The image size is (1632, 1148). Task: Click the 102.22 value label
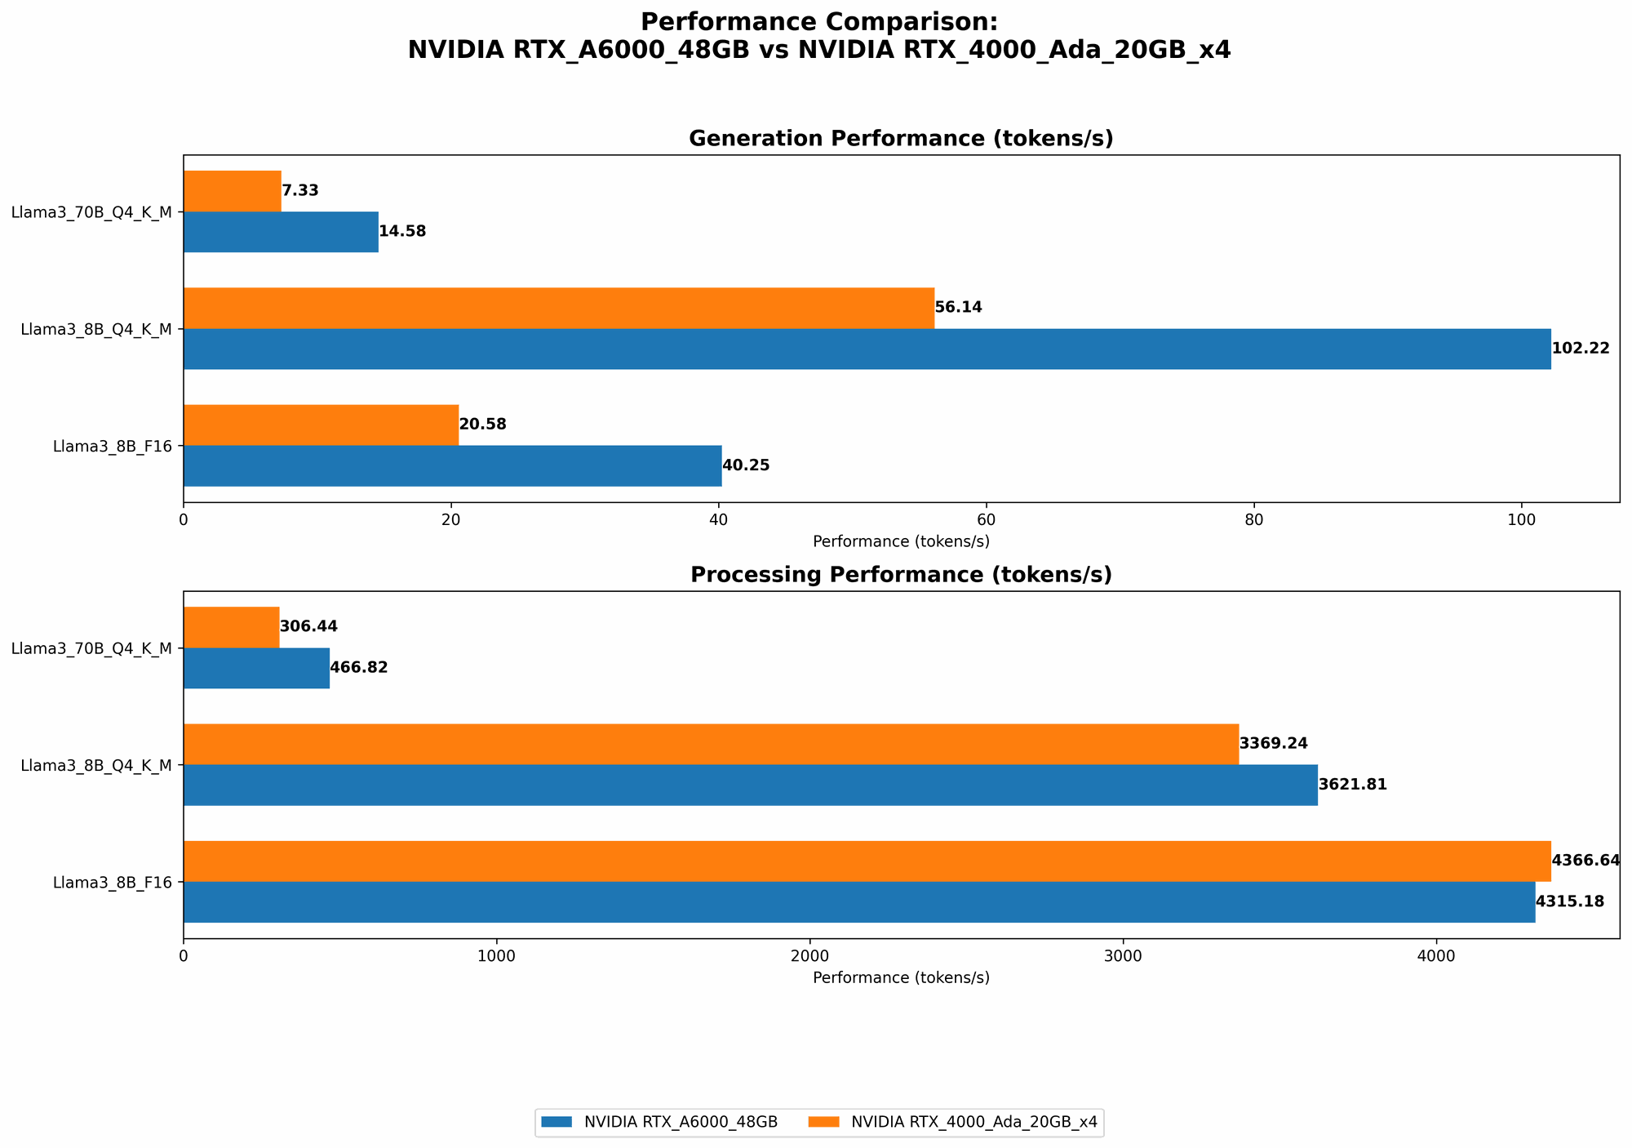click(1580, 349)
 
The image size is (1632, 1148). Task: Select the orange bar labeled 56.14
click(558, 309)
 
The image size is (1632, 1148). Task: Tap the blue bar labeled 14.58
click(281, 232)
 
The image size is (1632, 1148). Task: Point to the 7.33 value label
click(299, 191)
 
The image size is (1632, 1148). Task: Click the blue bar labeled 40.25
click(452, 465)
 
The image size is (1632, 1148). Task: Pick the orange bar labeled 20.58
click(321, 425)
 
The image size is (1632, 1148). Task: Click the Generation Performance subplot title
click(901, 139)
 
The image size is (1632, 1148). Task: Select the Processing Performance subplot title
click(901, 575)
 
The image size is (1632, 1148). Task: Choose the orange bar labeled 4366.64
click(867, 861)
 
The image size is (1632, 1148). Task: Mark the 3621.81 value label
click(1352, 785)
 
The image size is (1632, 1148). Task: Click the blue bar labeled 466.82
click(256, 668)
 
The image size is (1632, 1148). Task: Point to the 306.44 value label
click(308, 627)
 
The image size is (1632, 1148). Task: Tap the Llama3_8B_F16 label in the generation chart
click(113, 447)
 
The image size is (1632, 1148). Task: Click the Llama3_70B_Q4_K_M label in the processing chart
click(91, 648)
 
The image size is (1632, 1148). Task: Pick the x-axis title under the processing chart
click(901, 977)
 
